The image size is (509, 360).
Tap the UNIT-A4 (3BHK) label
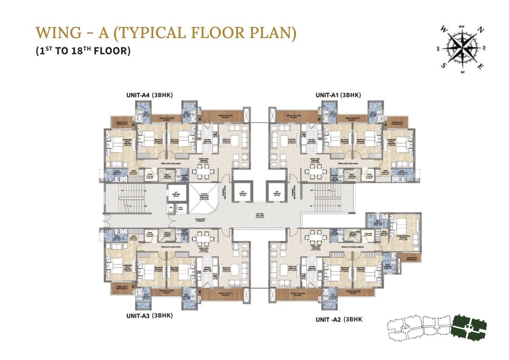coord(150,95)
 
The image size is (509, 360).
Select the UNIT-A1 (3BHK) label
coord(338,95)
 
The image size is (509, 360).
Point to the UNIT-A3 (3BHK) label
coord(150,316)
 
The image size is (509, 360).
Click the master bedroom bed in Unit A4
coord(115,140)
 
